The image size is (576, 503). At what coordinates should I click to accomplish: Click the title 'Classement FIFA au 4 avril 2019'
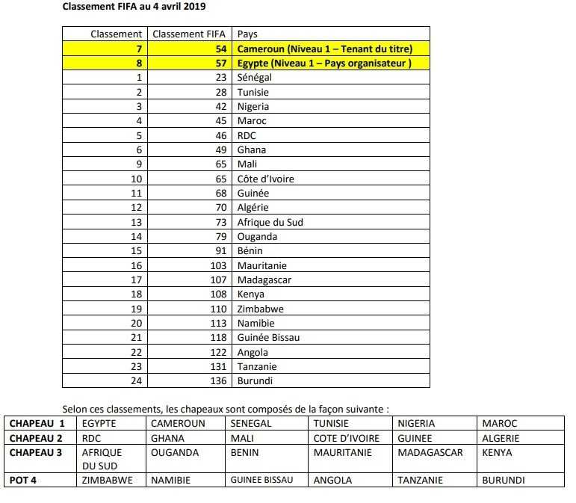click(x=134, y=7)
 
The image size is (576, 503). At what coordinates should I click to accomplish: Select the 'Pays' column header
click(x=247, y=34)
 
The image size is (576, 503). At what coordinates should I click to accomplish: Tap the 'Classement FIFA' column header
click(x=188, y=34)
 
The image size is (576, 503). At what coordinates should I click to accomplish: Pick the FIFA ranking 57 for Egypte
click(x=220, y=63)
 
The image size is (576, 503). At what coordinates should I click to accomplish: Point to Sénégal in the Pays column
click(x=254, y=77)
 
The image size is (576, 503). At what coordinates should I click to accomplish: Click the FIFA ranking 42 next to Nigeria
click(x=220, y=106)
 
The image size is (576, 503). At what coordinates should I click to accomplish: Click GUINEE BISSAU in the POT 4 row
click(x=261, y=480)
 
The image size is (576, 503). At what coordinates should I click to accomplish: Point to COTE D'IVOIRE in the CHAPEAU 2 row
click(x=347, y=438)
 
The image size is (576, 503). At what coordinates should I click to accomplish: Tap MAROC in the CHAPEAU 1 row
click(x=500, y=423)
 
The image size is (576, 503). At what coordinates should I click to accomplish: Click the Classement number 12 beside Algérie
click(x=136, y=207)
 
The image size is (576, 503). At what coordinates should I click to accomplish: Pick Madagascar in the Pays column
click(x=264, y=280)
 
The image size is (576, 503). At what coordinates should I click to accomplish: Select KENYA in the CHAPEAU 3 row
click(x=498, y=452)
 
